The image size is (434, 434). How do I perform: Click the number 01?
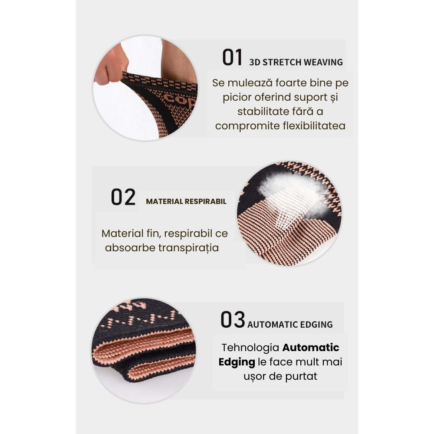232,58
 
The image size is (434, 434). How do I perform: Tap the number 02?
123,197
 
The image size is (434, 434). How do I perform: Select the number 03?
233,320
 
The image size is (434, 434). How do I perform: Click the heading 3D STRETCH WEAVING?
296,62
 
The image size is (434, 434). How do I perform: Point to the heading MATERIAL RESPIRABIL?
186,202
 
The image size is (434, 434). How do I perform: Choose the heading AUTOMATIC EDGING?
290,325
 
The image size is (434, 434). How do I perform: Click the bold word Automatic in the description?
311,348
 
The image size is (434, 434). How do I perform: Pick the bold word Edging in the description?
237,362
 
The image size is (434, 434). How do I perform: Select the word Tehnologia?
250,348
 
